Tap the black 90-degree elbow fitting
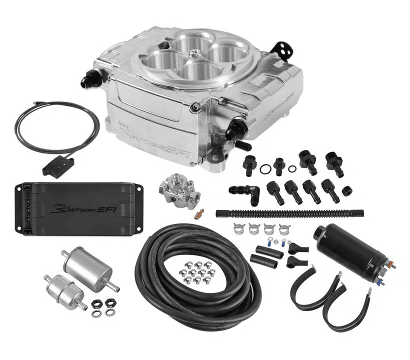[x=247, y=191]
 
